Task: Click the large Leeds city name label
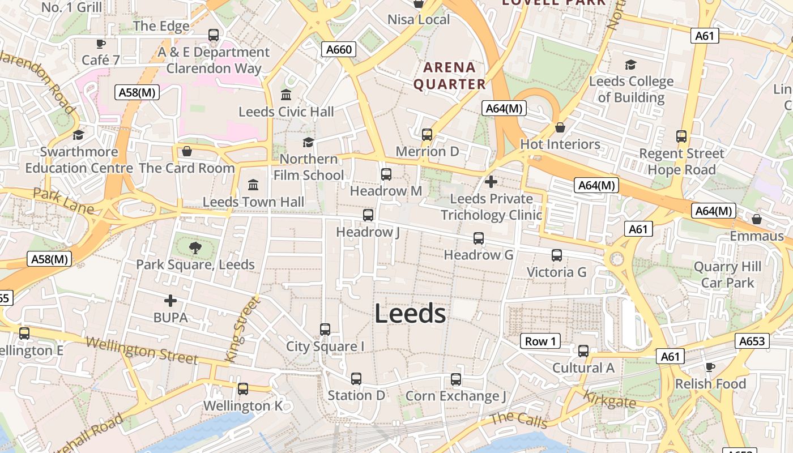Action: tap(410, 314)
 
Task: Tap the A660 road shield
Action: tap(339, 49)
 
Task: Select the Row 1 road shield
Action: tap(540, 341)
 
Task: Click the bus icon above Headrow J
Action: tap(368, 215)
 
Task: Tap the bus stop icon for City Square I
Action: tap(325, 330)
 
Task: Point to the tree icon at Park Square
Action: tap(195, 247)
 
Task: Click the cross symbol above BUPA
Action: tap(170, 301)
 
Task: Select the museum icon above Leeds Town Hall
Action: tap(253, 185)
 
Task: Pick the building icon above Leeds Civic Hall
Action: tap(286, 95)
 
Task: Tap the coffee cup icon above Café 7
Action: tap(101, 44)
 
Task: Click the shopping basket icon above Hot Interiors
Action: tap(560, 127)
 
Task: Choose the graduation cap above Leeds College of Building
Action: tap(630, 65)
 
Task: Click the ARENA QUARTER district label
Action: tap(450, 76)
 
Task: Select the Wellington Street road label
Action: tap(142, 351)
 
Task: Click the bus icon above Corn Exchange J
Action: tap(456, 379)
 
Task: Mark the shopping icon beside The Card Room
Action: tap(186, 151)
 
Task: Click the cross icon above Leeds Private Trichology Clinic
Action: tap(491, 182)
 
